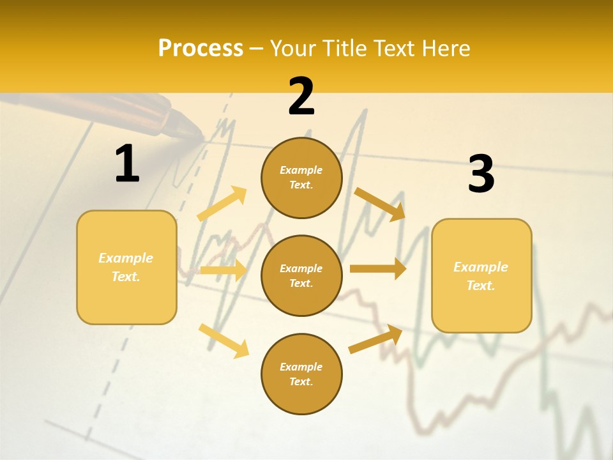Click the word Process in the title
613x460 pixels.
point(201,49)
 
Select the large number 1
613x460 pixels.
point(127,164)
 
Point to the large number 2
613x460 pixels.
point(301,96)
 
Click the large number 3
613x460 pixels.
point(481,174)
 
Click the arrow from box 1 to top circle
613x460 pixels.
point(222,204)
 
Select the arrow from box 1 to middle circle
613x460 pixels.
point(223,270)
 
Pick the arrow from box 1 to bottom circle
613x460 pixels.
point(223,341)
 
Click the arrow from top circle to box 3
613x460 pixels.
point(380,204)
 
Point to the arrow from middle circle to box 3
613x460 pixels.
point(378,268)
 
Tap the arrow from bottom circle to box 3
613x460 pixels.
point(375,339)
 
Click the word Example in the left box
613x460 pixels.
point(126,258)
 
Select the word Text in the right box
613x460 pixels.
point(480,286)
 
